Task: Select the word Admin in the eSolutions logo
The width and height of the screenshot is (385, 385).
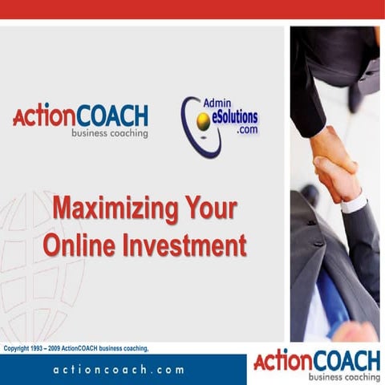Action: [x=218, y=105]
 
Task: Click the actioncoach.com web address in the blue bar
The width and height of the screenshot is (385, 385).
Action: [x=119, y=370]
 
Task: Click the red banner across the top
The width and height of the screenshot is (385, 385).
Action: [x=192, y=10]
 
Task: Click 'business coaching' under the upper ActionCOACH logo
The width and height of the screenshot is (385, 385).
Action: [x=109, y=133]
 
